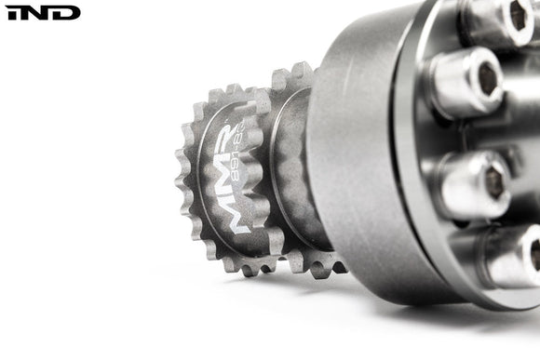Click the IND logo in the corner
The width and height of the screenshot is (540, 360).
[x=41, y=12]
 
